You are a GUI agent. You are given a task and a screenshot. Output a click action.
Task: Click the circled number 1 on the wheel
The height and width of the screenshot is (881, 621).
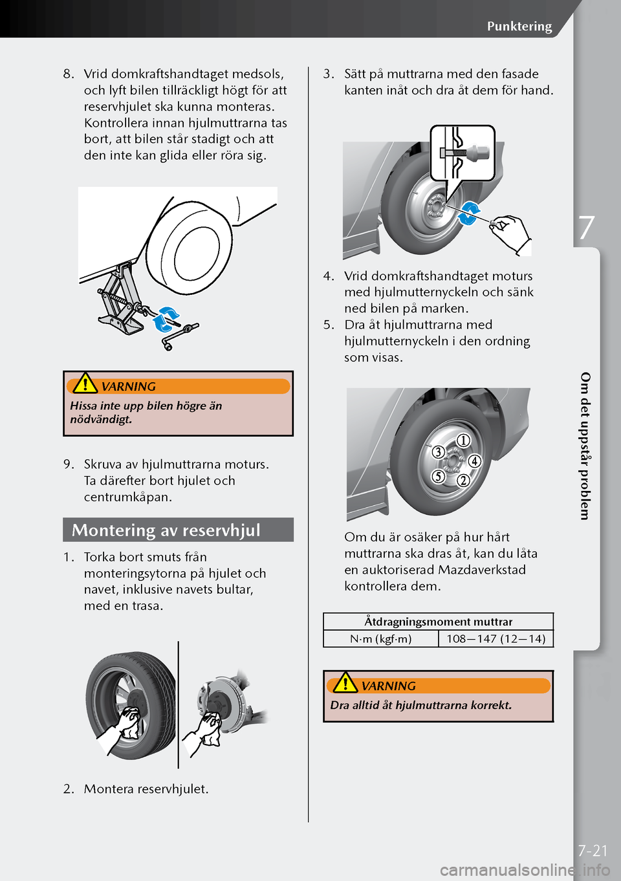[x=464, y=441]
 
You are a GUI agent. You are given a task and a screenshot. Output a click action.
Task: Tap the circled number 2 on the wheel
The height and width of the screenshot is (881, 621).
[x=463, y=480]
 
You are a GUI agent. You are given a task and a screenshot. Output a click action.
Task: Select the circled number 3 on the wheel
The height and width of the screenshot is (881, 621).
[x=438, y=452]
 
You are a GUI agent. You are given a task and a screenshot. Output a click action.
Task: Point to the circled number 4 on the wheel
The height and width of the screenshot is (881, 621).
[x=475, y=461]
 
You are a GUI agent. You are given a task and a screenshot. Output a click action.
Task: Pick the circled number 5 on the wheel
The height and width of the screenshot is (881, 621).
[x=438, y=477]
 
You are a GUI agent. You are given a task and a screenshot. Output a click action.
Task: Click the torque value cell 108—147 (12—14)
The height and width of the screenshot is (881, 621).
[x=496, y=638]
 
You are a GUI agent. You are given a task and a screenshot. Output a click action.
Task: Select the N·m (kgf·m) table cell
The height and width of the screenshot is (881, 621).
[x=380, y=638]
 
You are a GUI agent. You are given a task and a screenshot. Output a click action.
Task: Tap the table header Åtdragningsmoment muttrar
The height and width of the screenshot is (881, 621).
[x=438, y=622]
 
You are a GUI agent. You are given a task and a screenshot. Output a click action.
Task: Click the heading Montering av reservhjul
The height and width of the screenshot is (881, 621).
[x=166, y=530]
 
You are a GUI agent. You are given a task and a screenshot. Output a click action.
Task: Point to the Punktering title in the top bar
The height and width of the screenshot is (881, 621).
[x=519, y=26]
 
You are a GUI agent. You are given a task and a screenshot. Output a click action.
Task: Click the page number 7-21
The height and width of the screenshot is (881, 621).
[x=593, y=851]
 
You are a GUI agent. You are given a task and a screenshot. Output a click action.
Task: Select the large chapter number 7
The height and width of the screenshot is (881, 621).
[x=586, y=228]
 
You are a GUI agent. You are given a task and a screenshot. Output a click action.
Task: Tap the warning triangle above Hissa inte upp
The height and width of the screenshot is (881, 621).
[x=85, y=384]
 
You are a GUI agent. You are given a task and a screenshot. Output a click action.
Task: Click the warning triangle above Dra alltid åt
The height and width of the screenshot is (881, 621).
[x=345, y=682]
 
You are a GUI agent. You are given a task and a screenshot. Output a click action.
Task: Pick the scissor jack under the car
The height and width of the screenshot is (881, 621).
[x=119, y=300]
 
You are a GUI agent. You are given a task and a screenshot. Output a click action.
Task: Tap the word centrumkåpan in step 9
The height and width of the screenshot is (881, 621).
[x=128, y=497]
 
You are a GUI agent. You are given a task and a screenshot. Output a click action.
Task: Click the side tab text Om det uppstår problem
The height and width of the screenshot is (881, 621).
[x=585, y=446]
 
